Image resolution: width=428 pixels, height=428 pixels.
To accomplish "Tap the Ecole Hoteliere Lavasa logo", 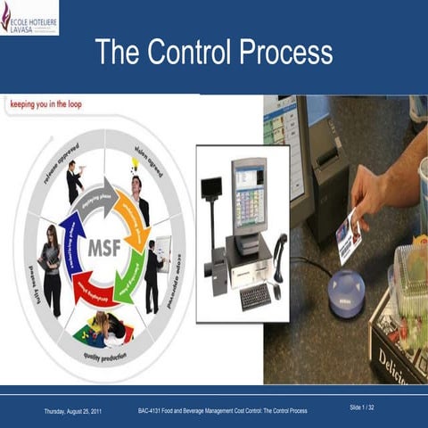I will (x=30, y=17).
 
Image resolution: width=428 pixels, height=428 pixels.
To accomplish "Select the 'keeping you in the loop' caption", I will (x=50, y=104).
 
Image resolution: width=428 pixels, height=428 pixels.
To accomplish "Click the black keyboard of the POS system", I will (x=254, y=296).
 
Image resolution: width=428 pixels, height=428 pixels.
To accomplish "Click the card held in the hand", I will (x=350, y=235).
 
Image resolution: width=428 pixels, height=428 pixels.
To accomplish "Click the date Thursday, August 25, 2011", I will (x=79, y=411).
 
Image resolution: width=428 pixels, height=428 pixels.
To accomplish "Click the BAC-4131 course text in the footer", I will (x=223, y=411).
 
